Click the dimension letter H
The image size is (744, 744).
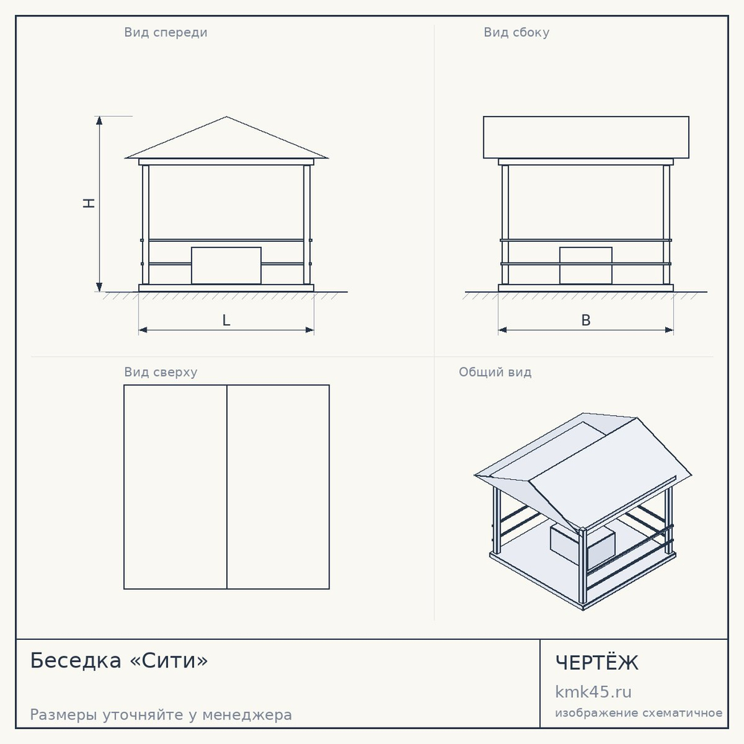pyautogui.click(x=89, y=203)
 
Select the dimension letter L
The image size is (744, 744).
pyautogui.click(x=226, y=320)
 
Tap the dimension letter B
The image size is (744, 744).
pyautogui.click(x=586, y=320)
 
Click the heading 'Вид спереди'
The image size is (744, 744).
pyautogui.click(x=166, y=32)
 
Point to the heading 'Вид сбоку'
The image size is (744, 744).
pyautogui.click(x=516, y=32)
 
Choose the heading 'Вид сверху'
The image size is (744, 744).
pyautogui.click(x=161, y=372)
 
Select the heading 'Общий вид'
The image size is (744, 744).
pyautogui.click(x=495, y=372)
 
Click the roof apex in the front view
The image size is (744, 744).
pyautogui.click(x=226, y=117)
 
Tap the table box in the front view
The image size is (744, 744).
pyautogui.click(x=226, y=266)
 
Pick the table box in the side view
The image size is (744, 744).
pyautogui.click(x=586, y=266)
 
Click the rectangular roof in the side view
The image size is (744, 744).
pyautogui.click(x=586, y=137)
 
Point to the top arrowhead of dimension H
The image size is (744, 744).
pyautogui.click(x=99, y=121)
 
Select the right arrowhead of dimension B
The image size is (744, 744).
pyautogui.click(x=669, y=330)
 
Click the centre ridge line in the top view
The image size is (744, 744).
pyautogui.click(x=227, y=487)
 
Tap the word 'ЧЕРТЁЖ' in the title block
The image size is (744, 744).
pyautogui.click(x=597, y=662)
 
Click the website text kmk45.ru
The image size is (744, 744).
pyautogui.click(x=593, y=692)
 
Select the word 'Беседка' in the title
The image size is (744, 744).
pyautogui.click(x=75, y=661)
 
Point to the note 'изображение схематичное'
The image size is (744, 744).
pyautogui.click(x=638, y=713)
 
